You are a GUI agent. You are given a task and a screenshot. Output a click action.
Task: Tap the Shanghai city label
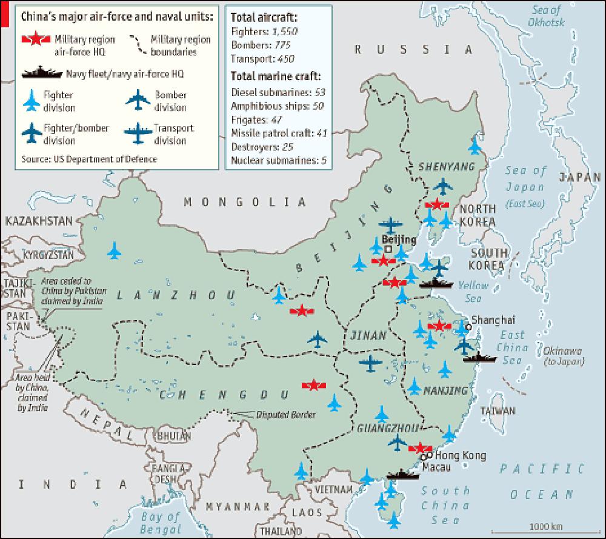pyautogui.click(x=493, y=320)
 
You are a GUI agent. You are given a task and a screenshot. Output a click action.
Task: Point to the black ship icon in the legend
pyautogui.click(x=41, y=73)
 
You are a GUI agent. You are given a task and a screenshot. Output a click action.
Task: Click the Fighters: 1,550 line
pyautogui.click(x=264, y=31)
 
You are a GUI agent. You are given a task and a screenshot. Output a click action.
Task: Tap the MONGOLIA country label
pyautogui.click(x=245, y=202)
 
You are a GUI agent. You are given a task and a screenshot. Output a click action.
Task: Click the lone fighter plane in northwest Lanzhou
pyautogui.click(x=114, y=250)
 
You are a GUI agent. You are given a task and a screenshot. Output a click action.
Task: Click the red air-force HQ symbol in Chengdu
pyautogui.click(x=314, y=385)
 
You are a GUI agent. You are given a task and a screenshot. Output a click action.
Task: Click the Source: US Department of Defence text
pyautogui.click(x=88, y=159)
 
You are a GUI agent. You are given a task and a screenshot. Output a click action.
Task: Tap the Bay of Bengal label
pyautogui.click(x=161, y=523)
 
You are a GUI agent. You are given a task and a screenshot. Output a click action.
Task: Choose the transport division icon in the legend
pyautogui.click(x=139, y=133)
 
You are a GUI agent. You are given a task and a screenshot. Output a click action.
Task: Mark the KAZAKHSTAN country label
pyautogui.click(x=39, y=221)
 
